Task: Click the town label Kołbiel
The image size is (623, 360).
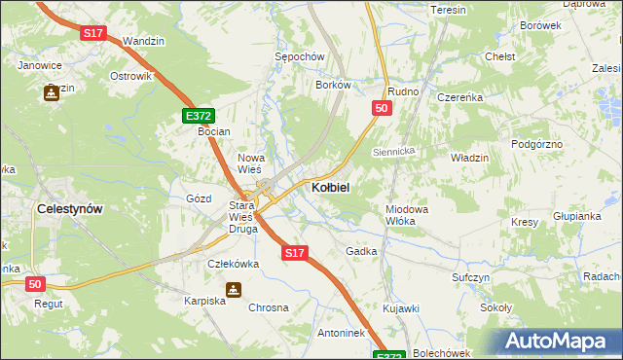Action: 331,187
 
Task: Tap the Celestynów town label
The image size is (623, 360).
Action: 69,208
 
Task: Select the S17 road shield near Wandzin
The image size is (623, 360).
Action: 93,33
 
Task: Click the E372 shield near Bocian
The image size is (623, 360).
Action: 199,116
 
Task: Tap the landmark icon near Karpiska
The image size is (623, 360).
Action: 233,289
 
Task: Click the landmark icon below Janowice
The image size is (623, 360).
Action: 50,93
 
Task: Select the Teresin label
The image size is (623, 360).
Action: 449,10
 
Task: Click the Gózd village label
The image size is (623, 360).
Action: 199,198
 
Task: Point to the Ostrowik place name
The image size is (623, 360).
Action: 130,76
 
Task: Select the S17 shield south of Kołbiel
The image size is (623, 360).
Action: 295,253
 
